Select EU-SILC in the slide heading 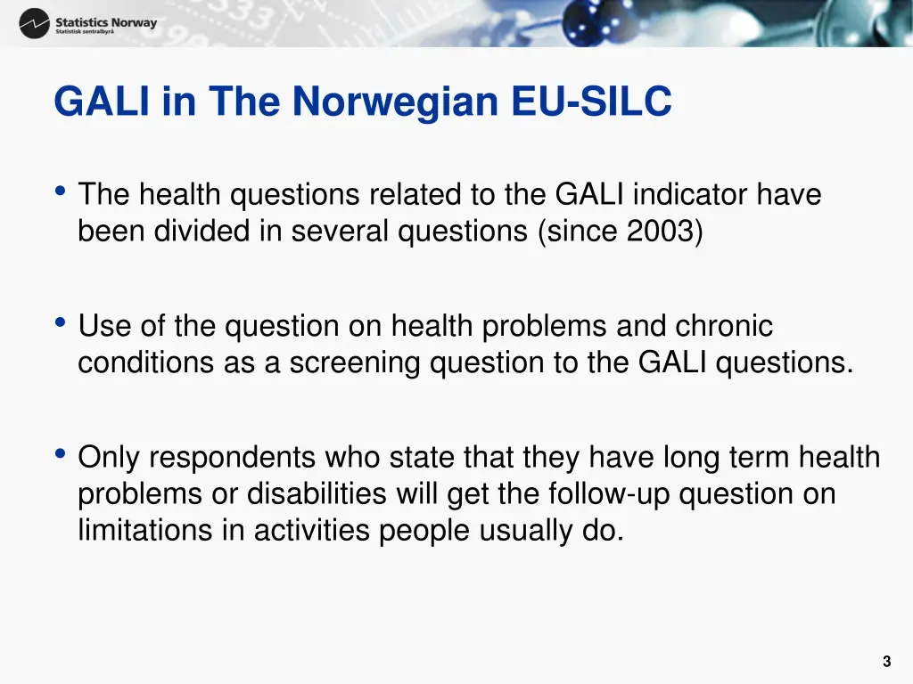coord(592,101)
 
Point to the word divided coord(202,231)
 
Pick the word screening coord(355,363)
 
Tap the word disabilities coord(317,493)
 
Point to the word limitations coord(145,531)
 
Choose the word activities coord(311,531)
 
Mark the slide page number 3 coord(887,662)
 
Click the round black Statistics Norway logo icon coord(35,23)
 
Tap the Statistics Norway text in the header coord(106,22)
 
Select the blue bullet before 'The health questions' coord(60,191)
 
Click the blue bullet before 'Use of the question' coord(60,322)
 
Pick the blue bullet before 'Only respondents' coord(60,453)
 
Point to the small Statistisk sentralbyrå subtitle coord(85,32)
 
